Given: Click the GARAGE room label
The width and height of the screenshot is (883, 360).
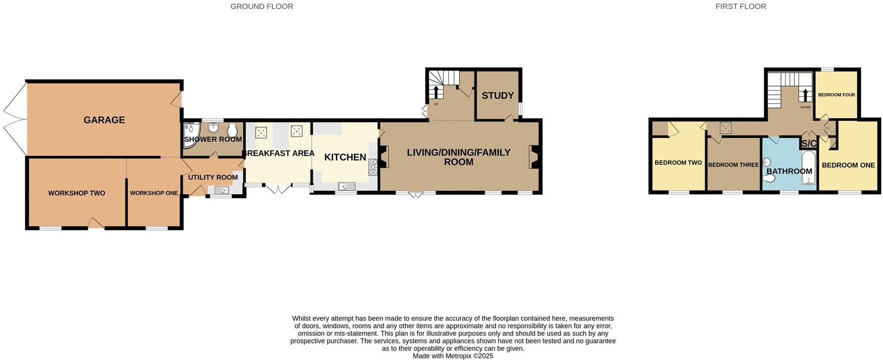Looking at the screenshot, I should point(104,120).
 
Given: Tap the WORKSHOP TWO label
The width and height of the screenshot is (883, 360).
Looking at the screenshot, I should point(77,193).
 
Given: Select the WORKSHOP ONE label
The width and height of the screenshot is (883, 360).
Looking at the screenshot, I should point(154,193).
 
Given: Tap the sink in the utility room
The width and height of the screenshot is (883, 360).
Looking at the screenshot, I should point(222,190).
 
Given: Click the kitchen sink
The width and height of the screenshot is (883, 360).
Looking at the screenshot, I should point(347,187).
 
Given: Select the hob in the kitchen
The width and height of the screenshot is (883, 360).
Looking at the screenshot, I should point(373,167).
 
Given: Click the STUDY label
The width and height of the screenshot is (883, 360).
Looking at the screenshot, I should point(498,95).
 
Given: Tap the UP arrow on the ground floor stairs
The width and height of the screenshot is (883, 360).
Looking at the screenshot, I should point(435,92).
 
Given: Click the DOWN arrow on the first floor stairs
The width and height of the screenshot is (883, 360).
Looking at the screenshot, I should point(805,95).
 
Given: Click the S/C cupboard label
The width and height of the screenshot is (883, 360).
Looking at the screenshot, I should point(809,143).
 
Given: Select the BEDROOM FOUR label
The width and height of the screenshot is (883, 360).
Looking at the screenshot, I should point(836,95).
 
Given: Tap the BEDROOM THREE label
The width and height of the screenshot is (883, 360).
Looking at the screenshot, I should point(733,165).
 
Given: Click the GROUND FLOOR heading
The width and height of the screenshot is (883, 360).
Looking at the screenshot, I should point(262,7).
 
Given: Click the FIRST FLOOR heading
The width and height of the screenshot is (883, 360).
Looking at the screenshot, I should point(741,7).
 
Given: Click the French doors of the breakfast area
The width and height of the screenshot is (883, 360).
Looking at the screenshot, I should point(278,189).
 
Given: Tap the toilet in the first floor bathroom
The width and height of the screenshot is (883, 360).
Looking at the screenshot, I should point(770,178).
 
